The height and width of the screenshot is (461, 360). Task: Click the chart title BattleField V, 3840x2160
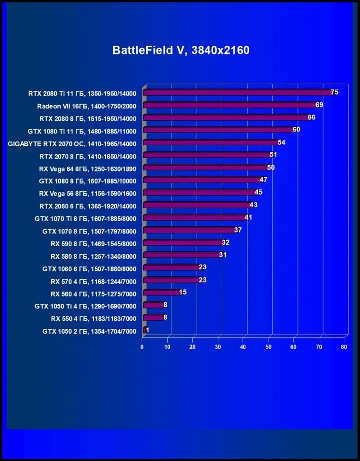coord(180,50)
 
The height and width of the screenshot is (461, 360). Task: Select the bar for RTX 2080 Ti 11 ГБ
coord(237,93)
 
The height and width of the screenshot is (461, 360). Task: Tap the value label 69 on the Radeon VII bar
coord(319,105)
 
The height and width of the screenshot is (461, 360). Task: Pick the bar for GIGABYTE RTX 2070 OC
coord(211,142)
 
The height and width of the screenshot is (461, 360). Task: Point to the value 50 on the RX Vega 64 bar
coord(270,168)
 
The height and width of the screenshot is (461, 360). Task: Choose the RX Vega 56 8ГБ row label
coord(88,193)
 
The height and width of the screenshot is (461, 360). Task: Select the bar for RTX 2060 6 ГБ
coord(197,205)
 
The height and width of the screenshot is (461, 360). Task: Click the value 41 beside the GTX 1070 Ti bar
coord(248,217)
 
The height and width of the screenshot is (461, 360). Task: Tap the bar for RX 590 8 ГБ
coord(183,243)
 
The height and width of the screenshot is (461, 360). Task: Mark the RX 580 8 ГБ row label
coord(93,256)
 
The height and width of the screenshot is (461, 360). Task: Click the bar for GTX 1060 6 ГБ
coord(171,268)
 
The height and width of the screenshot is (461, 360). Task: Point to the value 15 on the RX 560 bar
coord(183,292)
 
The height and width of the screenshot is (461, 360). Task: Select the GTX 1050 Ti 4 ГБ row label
coord(85,306)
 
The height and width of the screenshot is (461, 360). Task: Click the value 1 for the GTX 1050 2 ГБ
coord(148,330)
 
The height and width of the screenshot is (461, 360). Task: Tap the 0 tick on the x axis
coord(142,347)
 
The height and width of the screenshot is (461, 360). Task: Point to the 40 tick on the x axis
coord(243,347)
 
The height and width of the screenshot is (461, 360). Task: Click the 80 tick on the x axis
coord(344,347)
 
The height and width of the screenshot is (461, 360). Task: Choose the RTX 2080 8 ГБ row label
coord(88,118)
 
